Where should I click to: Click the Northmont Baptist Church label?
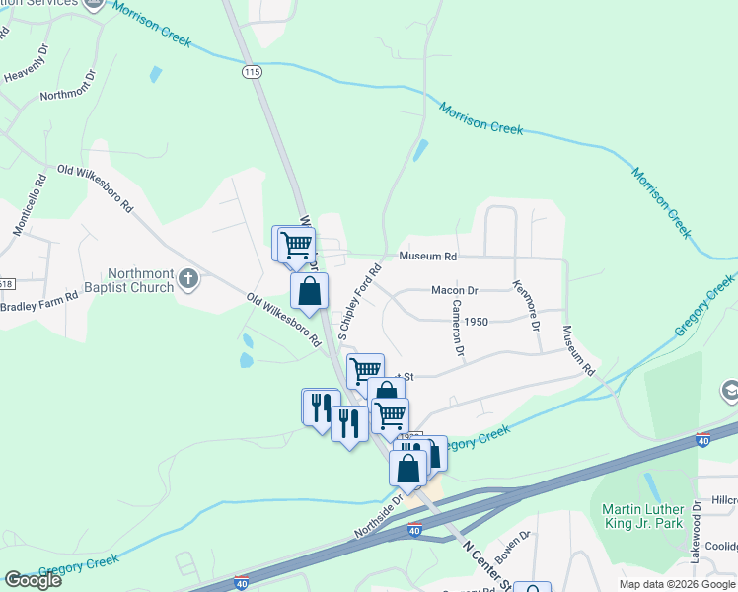pos(140,281)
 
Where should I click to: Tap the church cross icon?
pos(189,280)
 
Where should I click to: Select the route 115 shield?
pos(252,72)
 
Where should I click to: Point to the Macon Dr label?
pos(454,290)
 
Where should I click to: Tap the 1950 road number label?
pos(477,322)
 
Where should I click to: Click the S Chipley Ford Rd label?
pos(359,303)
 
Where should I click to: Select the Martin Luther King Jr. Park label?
pos(642,516)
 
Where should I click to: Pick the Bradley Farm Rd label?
pos(31,306)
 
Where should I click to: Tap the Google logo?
pos(33,580)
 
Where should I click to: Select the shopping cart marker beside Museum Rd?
pos(295,244)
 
